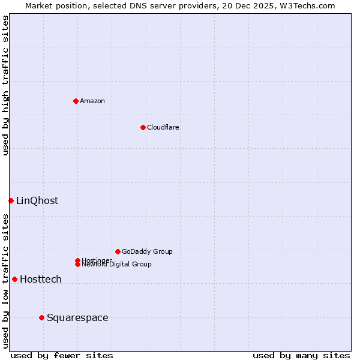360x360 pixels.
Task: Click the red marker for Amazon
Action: [76, 101]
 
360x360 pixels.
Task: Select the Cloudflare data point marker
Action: [143, 127]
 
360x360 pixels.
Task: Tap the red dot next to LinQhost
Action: [11, 200]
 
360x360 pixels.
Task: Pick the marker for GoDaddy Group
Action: [118, 251]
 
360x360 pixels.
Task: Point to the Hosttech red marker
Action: [14, 279]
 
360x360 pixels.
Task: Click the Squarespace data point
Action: [41, 317]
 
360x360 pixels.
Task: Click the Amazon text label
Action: [92, 101]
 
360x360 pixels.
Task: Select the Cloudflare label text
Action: [163, 127]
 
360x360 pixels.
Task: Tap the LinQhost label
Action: [37, 200]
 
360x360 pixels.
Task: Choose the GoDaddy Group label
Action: [147, 251]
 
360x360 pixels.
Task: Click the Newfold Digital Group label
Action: [117, 265]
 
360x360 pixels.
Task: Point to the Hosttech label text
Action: [41, 279]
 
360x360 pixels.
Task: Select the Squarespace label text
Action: [77, 317]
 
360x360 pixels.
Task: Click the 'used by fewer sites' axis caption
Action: [62, 355]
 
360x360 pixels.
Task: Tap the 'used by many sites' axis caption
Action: [301, 355]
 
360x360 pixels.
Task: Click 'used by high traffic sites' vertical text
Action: [5, 85]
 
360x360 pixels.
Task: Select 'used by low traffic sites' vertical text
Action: [5, 281]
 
